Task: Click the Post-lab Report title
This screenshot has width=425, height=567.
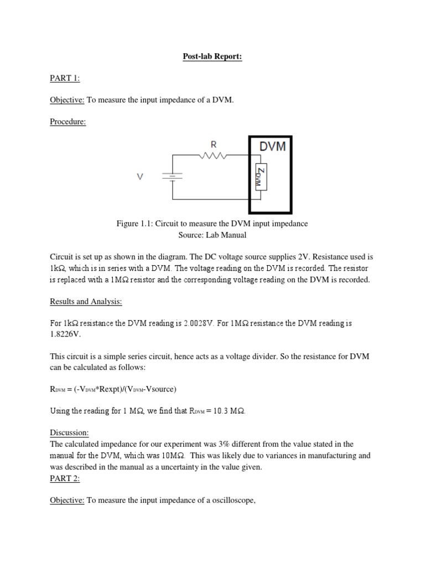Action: pos(212,56)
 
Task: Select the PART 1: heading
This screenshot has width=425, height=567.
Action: pos(65,78)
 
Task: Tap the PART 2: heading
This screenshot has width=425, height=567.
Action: pos(65,478)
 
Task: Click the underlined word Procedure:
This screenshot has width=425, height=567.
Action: pos(68,122)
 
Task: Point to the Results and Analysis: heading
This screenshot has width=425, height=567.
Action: pos(86,301)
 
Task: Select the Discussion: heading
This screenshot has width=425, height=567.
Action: pos(69,432)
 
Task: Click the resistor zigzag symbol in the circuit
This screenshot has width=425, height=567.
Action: pos(213,156)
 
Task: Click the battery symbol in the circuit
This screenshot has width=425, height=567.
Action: pos(173,177)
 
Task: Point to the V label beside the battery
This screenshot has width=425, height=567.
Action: pos(140,177)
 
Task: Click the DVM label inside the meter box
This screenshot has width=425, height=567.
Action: pos(272,147)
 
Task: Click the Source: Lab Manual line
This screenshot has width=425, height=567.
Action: pos(211,235)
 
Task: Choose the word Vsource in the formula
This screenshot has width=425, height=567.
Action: pos(158,389)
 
